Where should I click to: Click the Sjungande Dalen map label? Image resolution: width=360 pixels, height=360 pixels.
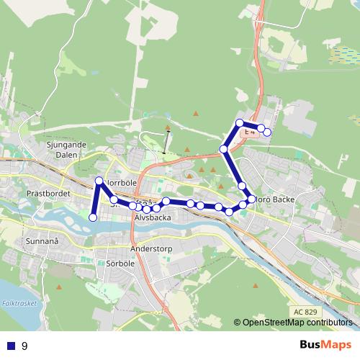click(66, 149)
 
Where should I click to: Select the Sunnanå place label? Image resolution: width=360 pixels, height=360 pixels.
click(42, 241)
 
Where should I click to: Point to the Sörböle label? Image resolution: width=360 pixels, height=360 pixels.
click(120, 264)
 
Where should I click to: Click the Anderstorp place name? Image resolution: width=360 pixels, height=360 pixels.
click(152, 249)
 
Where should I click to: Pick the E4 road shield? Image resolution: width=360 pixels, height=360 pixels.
click(249, 133)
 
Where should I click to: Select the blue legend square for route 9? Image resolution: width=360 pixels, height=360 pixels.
click(11, 346)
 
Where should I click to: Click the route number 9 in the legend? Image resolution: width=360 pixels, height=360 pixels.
click(24, 346)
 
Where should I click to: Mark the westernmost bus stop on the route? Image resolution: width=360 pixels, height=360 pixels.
click(92, 217)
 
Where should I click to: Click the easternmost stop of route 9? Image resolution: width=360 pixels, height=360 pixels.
click(267, 132)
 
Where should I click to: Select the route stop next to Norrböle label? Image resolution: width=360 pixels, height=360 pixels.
click(99, 180)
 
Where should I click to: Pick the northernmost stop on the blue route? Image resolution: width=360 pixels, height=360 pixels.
click(240, 122)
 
